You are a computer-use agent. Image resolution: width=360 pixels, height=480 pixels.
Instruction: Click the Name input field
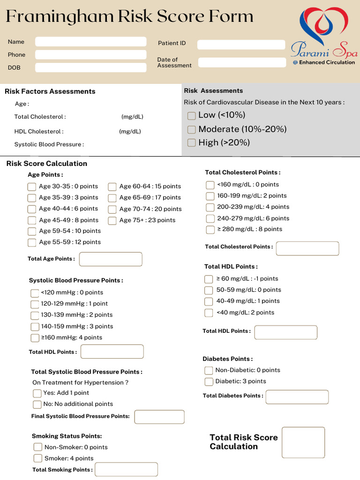[x=90, y=42]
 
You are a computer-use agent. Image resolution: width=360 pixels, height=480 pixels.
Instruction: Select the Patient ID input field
[x=241, y=45]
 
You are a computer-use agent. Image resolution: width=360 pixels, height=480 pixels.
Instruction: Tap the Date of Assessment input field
[x=242, y=62]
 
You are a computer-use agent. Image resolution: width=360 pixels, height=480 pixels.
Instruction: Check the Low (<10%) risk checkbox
[x=191, y=116]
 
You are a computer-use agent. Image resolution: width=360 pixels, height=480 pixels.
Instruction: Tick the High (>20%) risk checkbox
[x=191, y=143]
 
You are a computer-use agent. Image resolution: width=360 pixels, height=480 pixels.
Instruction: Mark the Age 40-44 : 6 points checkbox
[x=32, y=209]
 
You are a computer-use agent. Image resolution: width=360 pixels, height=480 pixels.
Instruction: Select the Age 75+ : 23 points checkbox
[x=112, y=220]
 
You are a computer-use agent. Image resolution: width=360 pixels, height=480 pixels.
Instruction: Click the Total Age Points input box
[x=111, y=259]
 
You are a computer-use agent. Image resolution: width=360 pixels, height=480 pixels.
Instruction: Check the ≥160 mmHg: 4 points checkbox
[x=35, y=338]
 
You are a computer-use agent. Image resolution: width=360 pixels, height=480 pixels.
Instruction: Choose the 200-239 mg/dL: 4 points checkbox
[x=210, y=207]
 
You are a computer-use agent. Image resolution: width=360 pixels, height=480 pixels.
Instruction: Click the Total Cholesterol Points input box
[x=307, y=248]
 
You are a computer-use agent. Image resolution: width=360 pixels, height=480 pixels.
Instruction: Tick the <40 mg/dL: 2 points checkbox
[x=209, y=313]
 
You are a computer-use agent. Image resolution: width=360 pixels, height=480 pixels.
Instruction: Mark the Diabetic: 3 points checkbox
[x=209, y=382]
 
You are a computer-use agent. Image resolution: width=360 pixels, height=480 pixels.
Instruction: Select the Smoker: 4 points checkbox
[x=38, y=458]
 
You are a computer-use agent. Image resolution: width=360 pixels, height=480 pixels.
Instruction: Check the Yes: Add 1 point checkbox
[x=37, y=393]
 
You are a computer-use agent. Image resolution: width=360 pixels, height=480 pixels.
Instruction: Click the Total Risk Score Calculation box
[x=303, y=442]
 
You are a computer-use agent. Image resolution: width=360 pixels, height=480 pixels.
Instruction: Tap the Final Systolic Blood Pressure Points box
[x=159, y=417]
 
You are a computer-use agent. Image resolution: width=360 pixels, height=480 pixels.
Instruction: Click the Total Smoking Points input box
[x=126, y=470]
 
